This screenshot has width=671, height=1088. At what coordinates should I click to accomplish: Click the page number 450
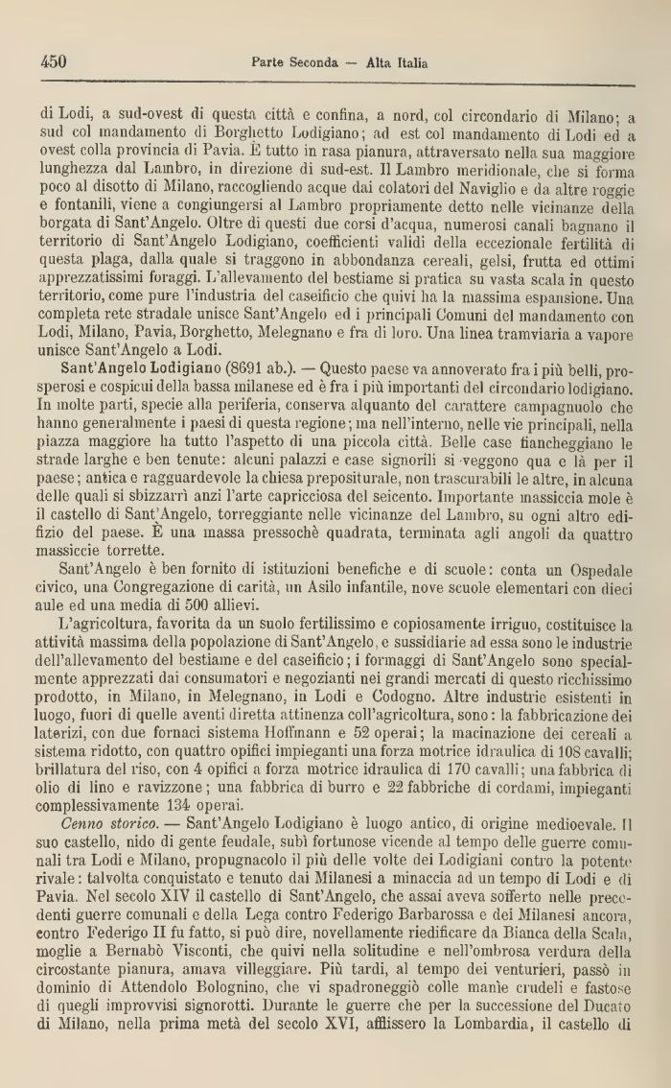pyautogui.click(x=54, y=63)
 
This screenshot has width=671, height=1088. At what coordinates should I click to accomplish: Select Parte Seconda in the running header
pyautogui.click(x=295, y=64)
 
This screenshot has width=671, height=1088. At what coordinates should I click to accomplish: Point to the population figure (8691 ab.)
pyautogui.click(x=256, y=395)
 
